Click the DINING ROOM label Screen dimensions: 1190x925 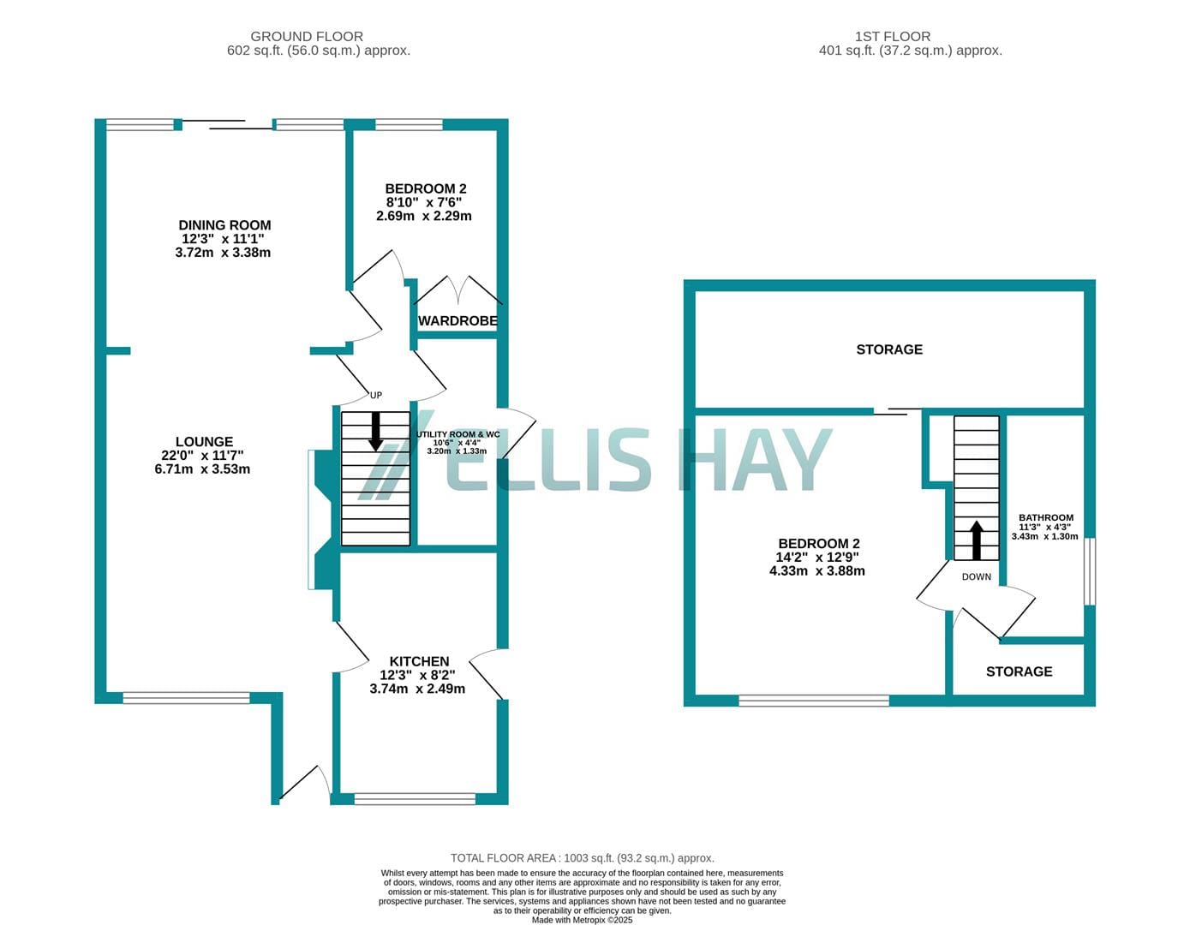click(224, 225)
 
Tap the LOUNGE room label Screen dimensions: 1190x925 click(204, 442)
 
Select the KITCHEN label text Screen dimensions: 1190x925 click(419, 661)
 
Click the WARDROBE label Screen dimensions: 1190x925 click(457, 320)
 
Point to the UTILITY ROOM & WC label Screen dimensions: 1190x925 click(457, 434)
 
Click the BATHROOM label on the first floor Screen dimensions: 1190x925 click(1045, 517)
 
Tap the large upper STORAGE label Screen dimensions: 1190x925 click(889, 349)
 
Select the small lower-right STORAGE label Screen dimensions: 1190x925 click(1020, 671)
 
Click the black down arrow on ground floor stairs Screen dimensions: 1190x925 click(375, 432)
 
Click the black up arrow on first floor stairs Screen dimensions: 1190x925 click(977, 540)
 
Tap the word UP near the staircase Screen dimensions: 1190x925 click(375, 395)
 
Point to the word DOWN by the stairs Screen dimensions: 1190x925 click(977, 577)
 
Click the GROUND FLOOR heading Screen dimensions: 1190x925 click(307, 37)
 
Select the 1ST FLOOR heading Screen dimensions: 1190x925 click(893, 37)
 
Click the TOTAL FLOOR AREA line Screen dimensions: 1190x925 click(582, 858)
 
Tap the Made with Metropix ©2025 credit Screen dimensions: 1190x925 click(582, 920)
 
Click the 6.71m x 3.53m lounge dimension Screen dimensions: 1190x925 click(203, 469)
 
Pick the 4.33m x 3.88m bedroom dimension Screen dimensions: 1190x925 click(817, 571)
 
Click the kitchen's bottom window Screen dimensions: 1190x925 click(415, 798)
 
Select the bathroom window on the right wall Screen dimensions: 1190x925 click(1090, 571)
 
